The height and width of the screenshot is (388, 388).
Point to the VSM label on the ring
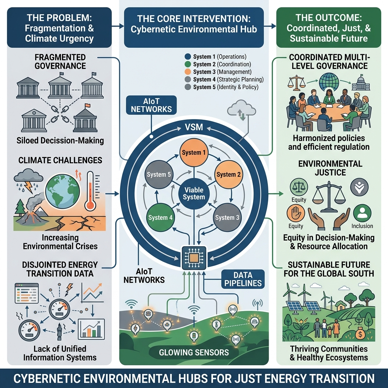pos(194,127)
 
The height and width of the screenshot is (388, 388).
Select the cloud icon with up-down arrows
pos(240,110)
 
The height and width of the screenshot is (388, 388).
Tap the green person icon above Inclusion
pos(362,212)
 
